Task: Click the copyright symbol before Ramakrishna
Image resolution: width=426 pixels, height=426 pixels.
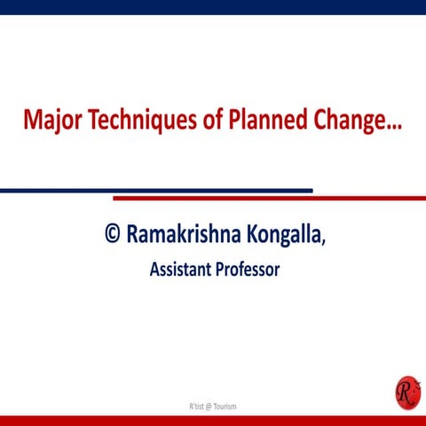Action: pyautogui.click(x=113, y=233)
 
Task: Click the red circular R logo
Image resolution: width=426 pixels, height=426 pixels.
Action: pyautogui.click(x=407, y=390)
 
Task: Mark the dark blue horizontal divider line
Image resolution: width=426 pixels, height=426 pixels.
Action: pyautogui.click(x=155, y=190)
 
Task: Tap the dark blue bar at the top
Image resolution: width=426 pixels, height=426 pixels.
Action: pyautogui.click(x=213, y=7)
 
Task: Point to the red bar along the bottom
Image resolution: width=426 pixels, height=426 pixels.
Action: pyautogui.click(x=213, y=420)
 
